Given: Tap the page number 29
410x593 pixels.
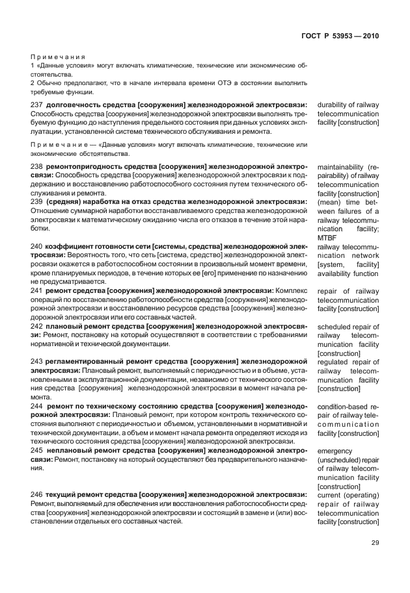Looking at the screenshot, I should click(x=375, y=544).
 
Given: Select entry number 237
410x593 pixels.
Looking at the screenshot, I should click(x=36, y=105).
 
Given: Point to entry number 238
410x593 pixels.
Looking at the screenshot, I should click(x=36, y=166).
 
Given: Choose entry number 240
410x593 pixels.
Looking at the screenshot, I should click(x=36, y=247).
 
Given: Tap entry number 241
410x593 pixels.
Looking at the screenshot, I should click(x=36, y=291).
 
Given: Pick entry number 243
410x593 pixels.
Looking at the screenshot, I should click(x=36, y=361).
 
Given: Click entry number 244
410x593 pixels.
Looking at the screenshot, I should click(x=36, y=406).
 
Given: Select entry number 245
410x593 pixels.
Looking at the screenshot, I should click(x=36, y=450).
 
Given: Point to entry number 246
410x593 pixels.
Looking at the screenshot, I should click(x=36, y=494).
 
